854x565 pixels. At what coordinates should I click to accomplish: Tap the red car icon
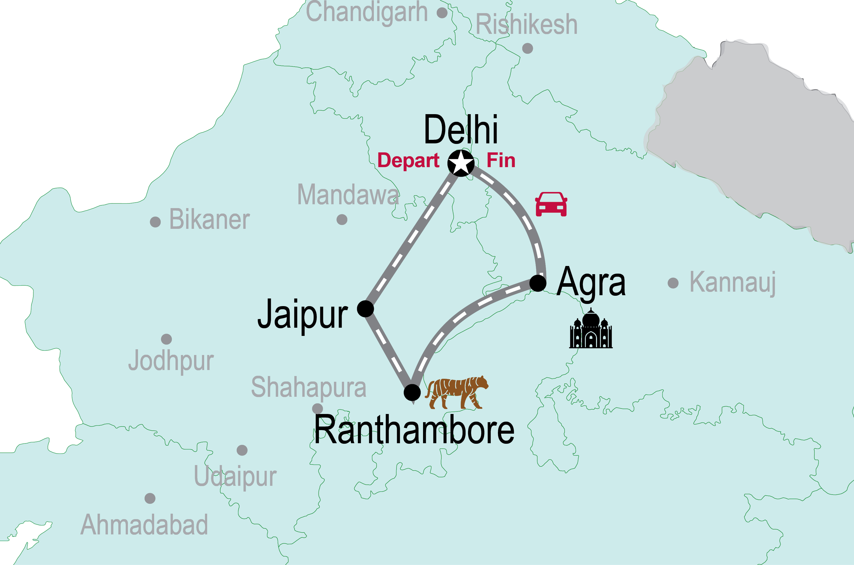(551, 204)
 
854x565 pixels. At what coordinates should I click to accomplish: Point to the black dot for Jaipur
(365, 309)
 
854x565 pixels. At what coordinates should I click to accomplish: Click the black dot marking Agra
(538, 283)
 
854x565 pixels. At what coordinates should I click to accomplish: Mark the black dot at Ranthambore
(412, 392)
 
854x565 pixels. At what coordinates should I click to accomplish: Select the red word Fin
(501, 160)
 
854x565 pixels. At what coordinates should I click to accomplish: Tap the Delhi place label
(461, 129)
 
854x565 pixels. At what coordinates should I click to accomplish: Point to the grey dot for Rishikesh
(527, 48)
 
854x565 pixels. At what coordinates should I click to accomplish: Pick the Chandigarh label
(367, 12)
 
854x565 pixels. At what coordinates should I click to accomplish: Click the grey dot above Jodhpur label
(166, 339)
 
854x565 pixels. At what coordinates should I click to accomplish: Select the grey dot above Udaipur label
(242, 450)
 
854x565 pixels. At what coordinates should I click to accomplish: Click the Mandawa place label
(348, 195)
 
